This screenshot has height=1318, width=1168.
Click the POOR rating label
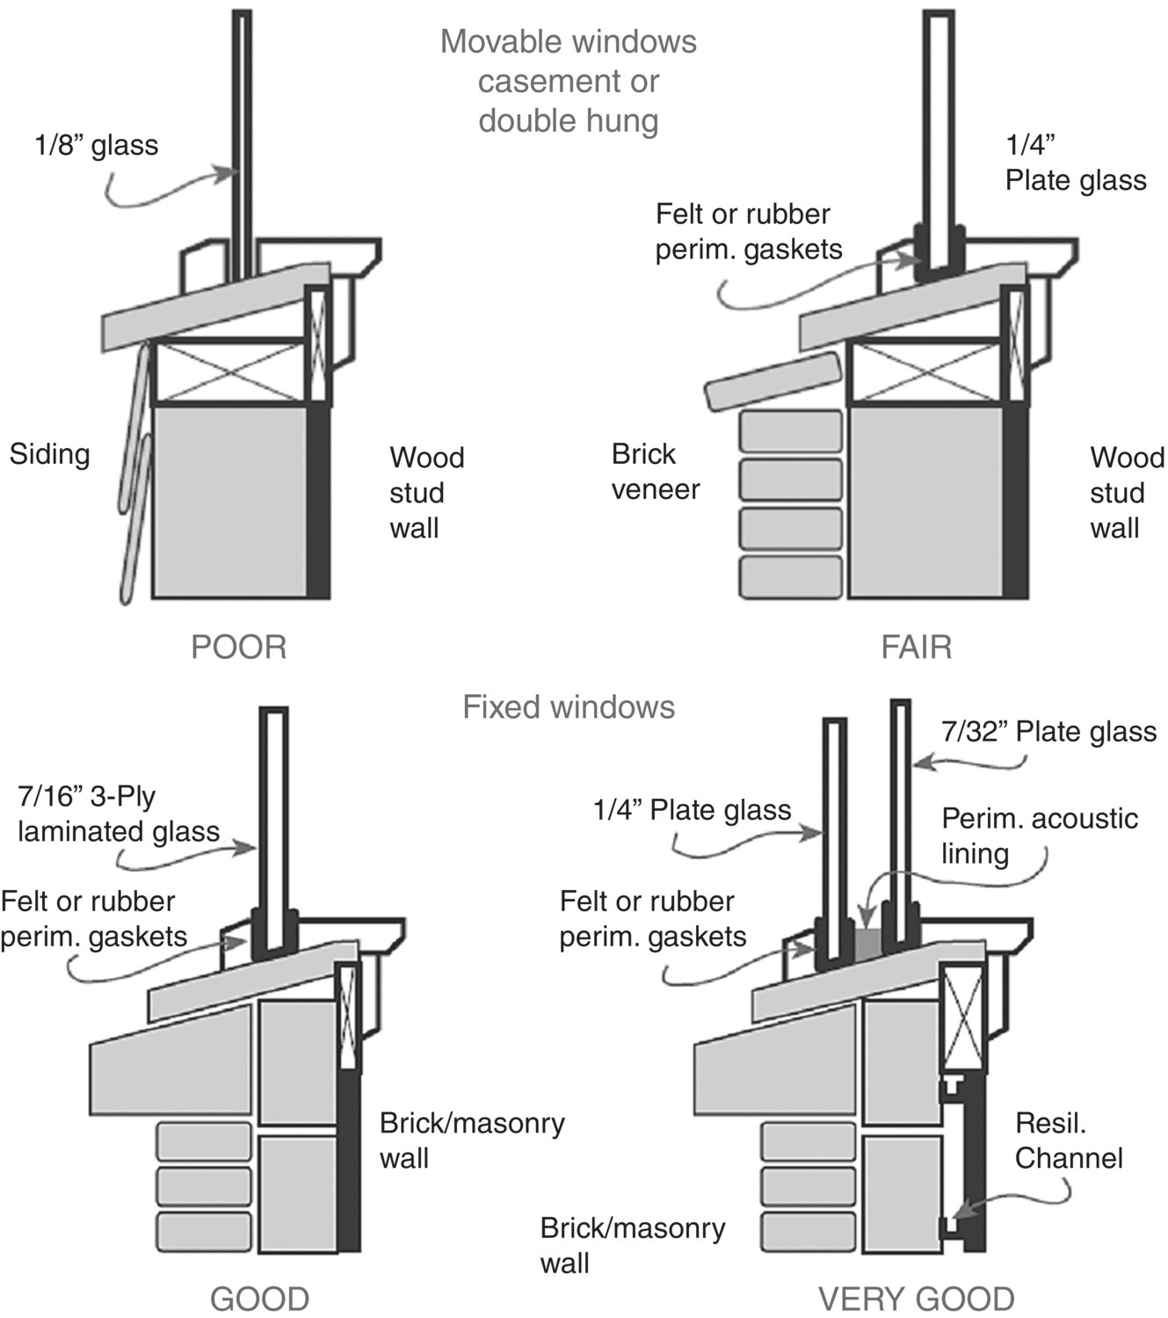pos(238,648)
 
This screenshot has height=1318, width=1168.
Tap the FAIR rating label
pos(916,648)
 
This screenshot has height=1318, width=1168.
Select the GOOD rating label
pos(259,1299)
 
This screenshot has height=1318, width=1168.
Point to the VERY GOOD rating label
pos(916,1299)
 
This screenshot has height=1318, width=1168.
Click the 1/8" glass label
pos(97,145)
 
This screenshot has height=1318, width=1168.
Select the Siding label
pos(50,454)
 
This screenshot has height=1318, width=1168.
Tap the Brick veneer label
pos(655,472)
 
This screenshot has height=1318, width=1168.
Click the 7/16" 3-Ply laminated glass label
pos(118,815)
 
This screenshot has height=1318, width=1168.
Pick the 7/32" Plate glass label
pos(1048,732)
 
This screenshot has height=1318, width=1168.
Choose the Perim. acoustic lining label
pos(1039,836)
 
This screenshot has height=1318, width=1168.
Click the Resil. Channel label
pos(1068,1141)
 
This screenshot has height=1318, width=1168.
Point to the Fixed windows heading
pos(569,707)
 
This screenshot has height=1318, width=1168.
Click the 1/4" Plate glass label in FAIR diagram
pos(1075,163)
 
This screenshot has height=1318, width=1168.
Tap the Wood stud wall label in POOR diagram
pos(426,493)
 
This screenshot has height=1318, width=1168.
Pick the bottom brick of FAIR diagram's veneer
pos(790,577)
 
